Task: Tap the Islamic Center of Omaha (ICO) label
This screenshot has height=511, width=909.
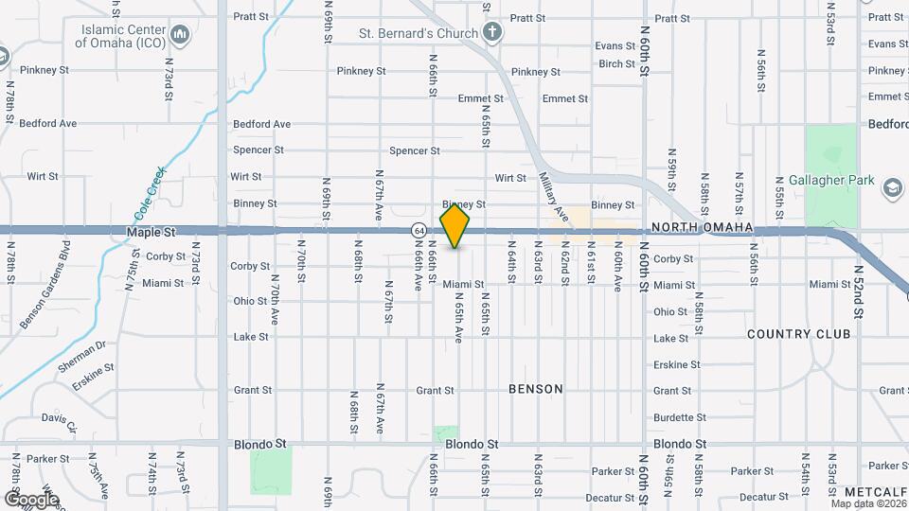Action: tap(120, 36)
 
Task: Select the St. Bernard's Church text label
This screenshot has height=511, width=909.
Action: tap(417, 33)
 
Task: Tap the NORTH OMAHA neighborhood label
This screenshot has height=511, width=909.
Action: tap(702, 228)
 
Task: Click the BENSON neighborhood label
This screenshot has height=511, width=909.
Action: tap(535, 389)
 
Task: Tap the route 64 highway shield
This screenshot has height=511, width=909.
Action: tap(418, 230)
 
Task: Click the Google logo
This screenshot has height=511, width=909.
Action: tap(30, 499)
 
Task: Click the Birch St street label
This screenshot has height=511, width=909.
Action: tap(616, 63)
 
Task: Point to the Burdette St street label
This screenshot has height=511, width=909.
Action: tap(679, 417)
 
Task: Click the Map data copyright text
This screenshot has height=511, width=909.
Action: tap(867, 503)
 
